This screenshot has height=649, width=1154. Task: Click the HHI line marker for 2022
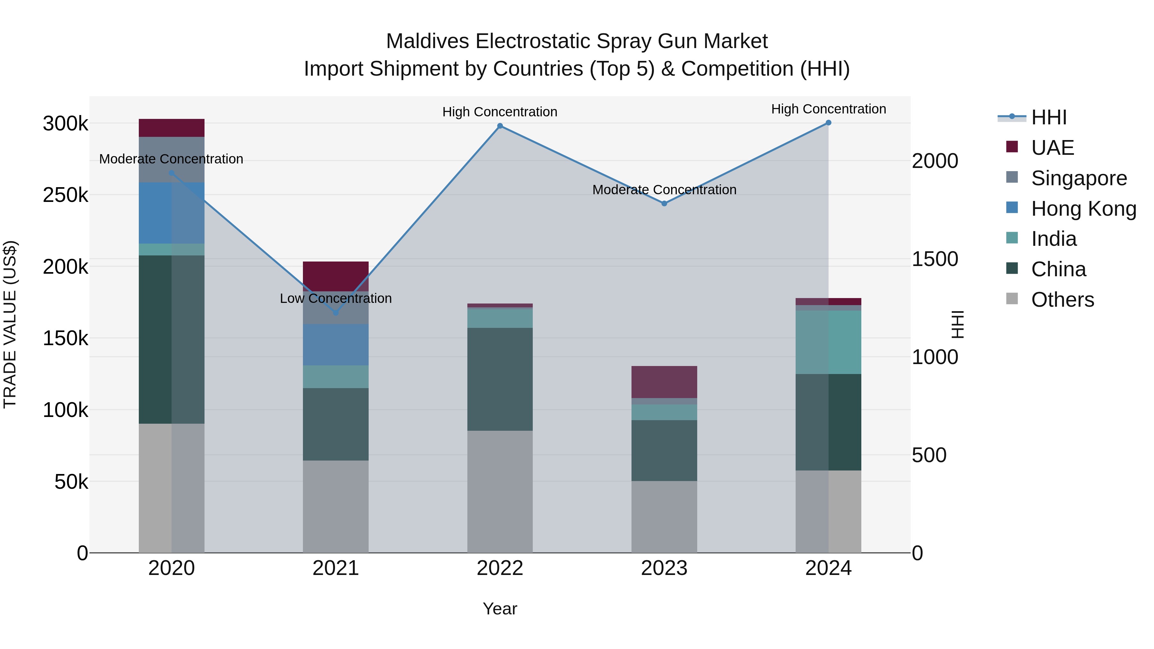[500, 126]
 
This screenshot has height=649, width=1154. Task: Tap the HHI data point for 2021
[336, 312]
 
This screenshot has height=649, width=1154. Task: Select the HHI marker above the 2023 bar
[665, 203]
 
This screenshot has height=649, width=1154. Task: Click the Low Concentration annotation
[336, 298]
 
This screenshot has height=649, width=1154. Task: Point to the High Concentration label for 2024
[828, 109]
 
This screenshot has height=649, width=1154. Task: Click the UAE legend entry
[1052, 148]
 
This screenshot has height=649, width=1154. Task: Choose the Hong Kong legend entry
[1083, 209]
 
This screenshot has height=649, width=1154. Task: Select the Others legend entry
[1062, 300]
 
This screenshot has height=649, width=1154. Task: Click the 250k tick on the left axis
[65, 195]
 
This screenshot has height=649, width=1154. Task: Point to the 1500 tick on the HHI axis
[935, 259]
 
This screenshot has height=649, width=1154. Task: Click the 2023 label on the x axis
[665, 568]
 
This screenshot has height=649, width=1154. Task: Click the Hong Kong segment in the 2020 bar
[171, 213]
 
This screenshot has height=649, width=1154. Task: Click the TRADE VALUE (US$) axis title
[10, 324]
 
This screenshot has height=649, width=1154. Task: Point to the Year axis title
[500, 609]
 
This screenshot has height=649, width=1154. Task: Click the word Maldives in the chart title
[428, 41]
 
